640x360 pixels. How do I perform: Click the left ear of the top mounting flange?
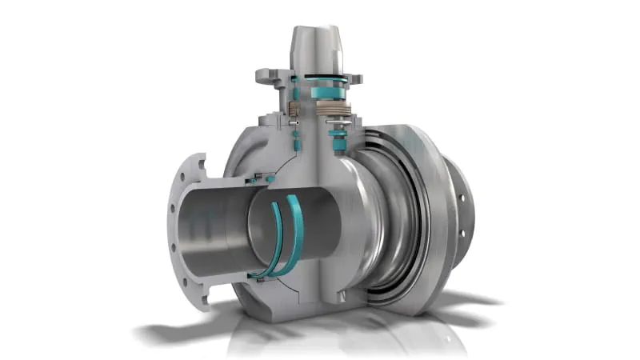tap(267, 78)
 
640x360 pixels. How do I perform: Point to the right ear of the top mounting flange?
tap(353, 78)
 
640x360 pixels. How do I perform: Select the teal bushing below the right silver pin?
tap(338, 143)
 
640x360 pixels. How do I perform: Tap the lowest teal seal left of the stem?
tap(295, 145)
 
